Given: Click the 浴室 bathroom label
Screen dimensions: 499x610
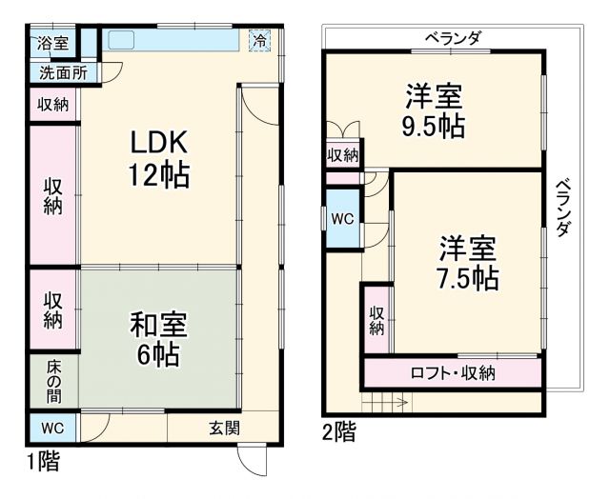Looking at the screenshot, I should tap(52, 43).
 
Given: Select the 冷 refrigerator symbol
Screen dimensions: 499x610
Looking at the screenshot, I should tap(259, 40).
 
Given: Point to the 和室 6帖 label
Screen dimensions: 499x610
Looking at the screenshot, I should tap(158, 338).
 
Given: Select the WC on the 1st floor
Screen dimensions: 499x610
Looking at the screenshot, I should tap(52, 427).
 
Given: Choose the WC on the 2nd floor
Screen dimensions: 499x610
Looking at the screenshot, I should tap(342, 218).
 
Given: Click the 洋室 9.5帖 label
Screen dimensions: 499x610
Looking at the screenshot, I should tap(434, 111).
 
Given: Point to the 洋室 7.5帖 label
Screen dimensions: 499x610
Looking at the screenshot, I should tap(468, 264).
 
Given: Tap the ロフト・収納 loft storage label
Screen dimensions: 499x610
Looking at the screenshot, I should tap(453, 372).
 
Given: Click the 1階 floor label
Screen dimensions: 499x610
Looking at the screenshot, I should tap(43, 464).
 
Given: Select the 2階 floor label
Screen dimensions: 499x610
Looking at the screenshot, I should tap(339, 433).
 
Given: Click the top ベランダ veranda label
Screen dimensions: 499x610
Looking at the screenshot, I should tap(453, 38).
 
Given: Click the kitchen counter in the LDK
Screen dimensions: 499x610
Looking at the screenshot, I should tap(172, 41).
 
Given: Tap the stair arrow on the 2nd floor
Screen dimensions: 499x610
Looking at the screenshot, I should tap(393, 404).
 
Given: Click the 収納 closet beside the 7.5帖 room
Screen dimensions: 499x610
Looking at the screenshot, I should tap(376, 320).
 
